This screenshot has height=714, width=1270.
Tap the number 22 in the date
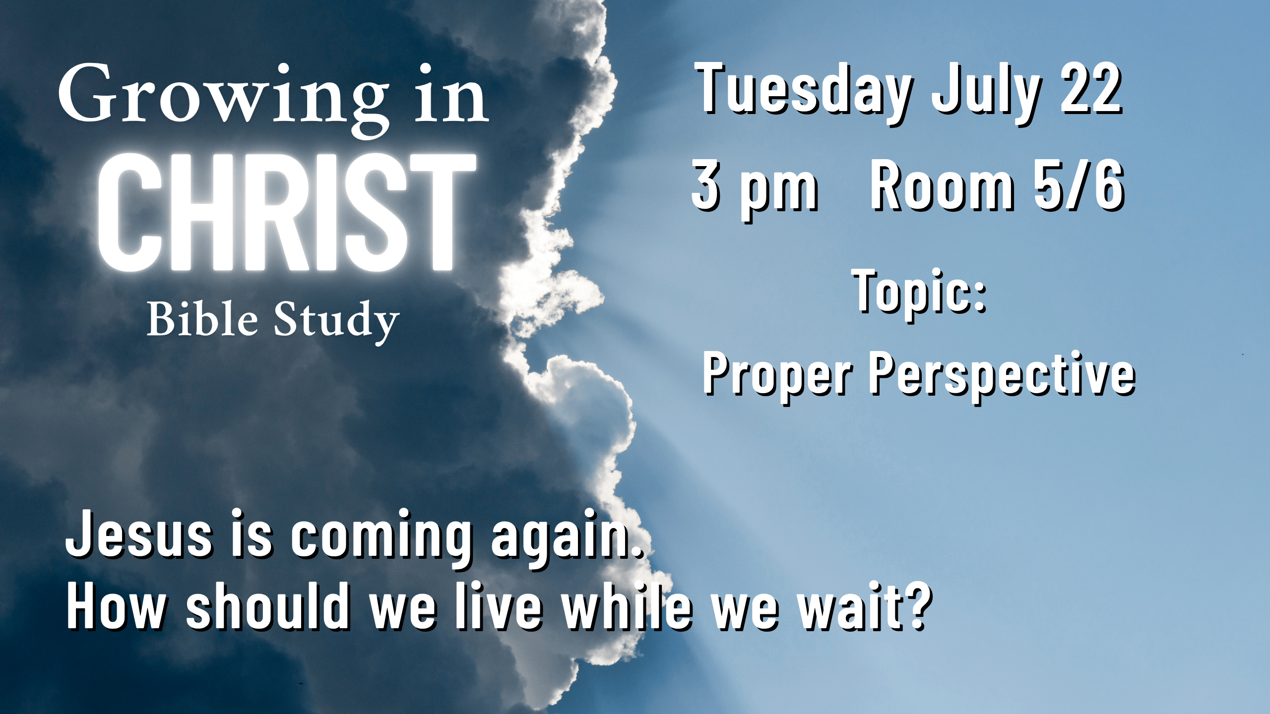point(1091,89)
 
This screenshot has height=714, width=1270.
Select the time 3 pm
point(755,189)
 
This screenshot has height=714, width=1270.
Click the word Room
point(943,185)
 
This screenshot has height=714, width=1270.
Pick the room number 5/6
point(1079,185)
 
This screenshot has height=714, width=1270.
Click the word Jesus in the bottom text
point(139,534)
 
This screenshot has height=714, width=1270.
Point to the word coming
point(381,538)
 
